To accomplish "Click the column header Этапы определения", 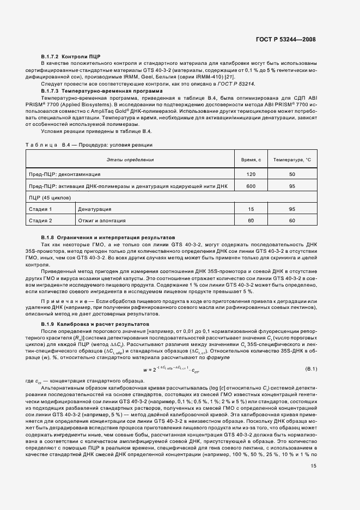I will click(130, 160).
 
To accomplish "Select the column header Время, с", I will click(251, 160).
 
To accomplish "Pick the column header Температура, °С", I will click(292, 160).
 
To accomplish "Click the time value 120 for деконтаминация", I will click(251, 174).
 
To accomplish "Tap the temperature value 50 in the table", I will click(292, 174).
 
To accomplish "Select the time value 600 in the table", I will click(251, 186).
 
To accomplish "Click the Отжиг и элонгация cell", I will click(102, 221).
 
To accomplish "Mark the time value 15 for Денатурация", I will click(251, 209).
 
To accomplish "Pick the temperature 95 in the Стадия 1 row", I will click(292, 209).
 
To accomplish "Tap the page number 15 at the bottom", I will click(314, 481).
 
